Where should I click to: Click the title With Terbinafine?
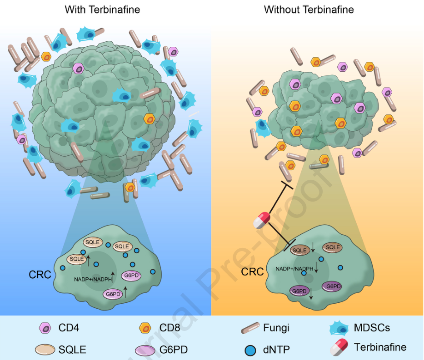(x=102, y=9)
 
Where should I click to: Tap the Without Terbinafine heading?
(x=309, y=9)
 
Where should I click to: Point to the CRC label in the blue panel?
(x=39, y=275)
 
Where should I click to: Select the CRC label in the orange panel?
(x=252, y=272)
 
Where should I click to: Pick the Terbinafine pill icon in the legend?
(x=339, y=348)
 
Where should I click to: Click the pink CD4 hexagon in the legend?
(x=45, y=327)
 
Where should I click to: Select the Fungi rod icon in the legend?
(x=250, y=327)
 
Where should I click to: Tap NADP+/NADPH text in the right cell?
(x=294, y=269)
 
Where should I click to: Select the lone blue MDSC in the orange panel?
(x=262, y=128)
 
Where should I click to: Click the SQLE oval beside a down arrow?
(x=299, y=250)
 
